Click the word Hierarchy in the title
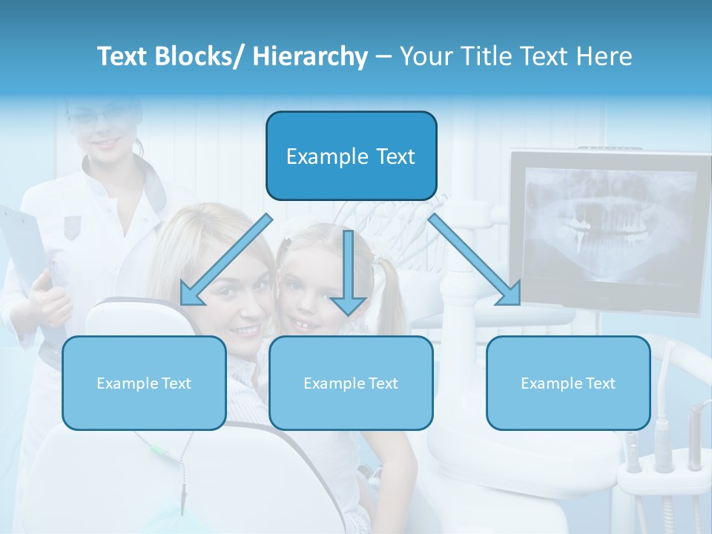coord(309,56)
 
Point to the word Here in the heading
coord(605,56)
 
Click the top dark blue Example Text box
coord(351,156)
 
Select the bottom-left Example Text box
coord(144,383)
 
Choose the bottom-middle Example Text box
coord(351,383)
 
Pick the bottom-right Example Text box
coord(568,383)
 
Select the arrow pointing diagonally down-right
coord(475,260)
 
